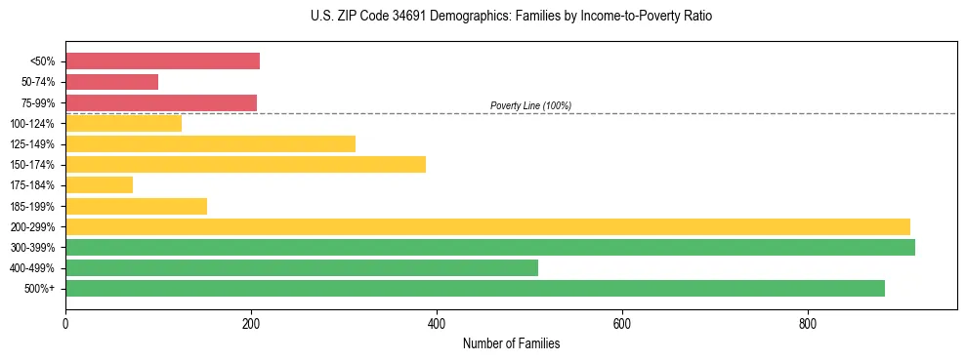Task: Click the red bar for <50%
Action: [x=162, y=61]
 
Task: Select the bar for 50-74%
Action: [x=111, y=82]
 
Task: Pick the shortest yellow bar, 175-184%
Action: [x=99, y=184]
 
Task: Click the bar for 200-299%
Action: [x=487, y=226]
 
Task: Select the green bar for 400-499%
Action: [x=301, y=267]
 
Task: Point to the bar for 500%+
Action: [x=475, y=288]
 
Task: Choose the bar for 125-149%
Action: [x=210, y=143]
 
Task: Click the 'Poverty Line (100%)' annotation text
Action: [x=530, y=105]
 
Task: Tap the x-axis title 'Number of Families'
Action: [x=511, y=344]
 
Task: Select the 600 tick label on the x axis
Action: [x=622, y=323]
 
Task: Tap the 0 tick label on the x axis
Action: [x=65, y=323]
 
